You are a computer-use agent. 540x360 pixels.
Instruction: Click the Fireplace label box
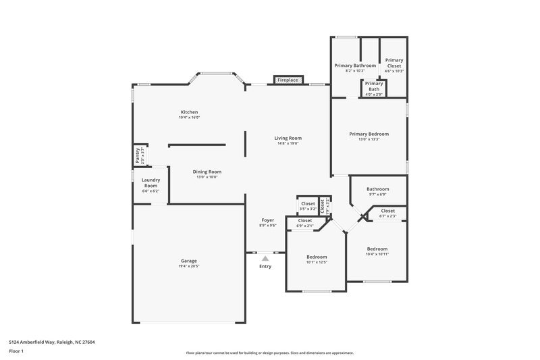(x=288, y=80)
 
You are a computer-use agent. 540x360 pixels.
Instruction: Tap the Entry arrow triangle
(x=265, y=257)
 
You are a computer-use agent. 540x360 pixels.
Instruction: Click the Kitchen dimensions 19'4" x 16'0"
(x=189, y=118)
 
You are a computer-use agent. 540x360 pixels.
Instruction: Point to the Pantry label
(x=138, y=155)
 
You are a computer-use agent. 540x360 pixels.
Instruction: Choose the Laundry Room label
(x=149, y=182)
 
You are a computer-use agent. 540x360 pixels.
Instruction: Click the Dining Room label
(x=209, y=172)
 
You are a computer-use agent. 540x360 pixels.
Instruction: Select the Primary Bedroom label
(x=369, y=134)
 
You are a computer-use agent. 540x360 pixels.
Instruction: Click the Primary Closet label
(x=394, y=63)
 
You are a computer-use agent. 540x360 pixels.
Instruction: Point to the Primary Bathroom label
(x=355, y=66)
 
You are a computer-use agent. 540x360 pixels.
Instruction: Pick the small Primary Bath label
(x=374, y=86)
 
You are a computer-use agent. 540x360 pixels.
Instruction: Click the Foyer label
(x=268, y=220)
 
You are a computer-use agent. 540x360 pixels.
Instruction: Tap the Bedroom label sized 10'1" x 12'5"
(x=317, y=257)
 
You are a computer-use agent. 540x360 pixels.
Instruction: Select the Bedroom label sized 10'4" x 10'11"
(x=377, y=249)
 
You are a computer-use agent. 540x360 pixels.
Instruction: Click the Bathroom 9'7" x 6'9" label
(x=377, y=189)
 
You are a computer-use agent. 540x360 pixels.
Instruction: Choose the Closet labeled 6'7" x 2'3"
(x=388, y=211)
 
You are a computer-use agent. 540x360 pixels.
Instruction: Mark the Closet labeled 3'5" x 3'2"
(x=308, y=204)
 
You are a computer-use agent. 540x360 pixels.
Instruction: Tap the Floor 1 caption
(x=16, y=351)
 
